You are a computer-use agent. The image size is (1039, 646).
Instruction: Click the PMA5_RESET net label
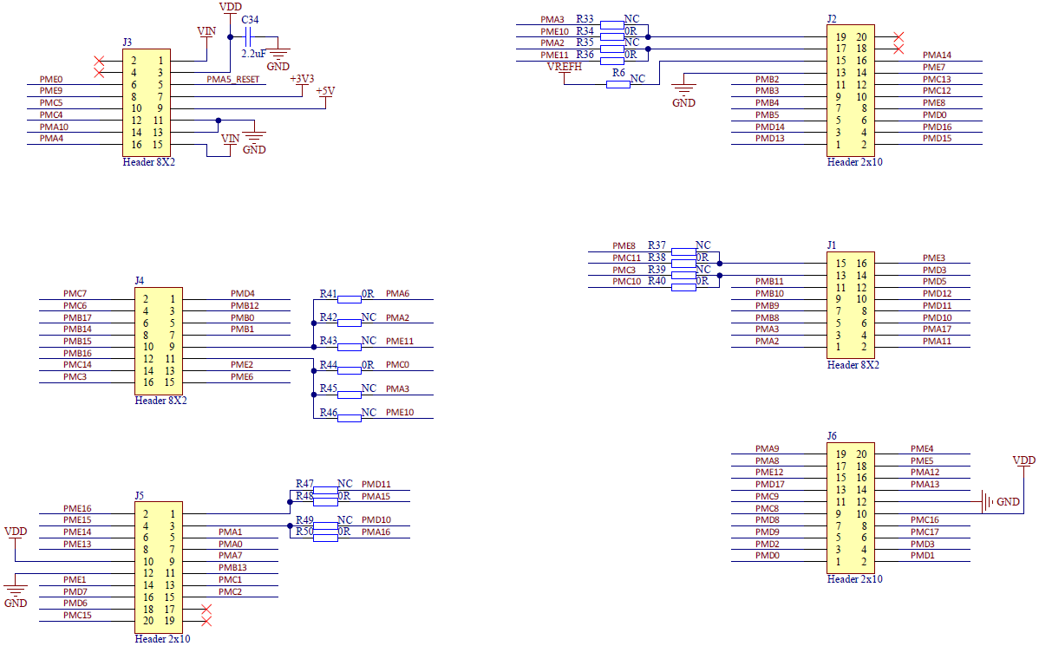232,80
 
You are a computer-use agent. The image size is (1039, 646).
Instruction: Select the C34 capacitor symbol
249,36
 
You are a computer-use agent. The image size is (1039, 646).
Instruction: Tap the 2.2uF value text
253,54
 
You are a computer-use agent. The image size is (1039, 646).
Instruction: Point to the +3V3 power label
302,78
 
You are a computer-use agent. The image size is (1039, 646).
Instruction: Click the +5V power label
325,90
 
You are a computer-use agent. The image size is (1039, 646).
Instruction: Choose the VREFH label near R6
565,67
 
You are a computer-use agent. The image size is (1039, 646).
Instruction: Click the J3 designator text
127,42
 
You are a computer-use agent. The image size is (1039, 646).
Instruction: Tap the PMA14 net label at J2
937,55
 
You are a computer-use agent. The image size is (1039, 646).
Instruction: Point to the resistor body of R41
350,298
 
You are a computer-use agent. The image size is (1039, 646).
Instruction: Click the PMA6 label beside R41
397,294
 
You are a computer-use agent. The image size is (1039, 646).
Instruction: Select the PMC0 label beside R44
397,365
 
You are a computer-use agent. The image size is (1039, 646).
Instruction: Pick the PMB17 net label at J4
77,317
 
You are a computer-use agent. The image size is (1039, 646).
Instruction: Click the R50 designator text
304,532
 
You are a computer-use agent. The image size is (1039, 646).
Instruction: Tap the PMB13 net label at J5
232,567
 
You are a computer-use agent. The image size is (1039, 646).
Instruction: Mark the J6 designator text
833,435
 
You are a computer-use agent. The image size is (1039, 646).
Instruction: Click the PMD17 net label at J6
769,484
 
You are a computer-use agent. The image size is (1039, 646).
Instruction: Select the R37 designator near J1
657,245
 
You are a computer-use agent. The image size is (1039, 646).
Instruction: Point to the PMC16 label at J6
925,519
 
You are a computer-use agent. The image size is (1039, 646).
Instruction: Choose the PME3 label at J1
934,258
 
